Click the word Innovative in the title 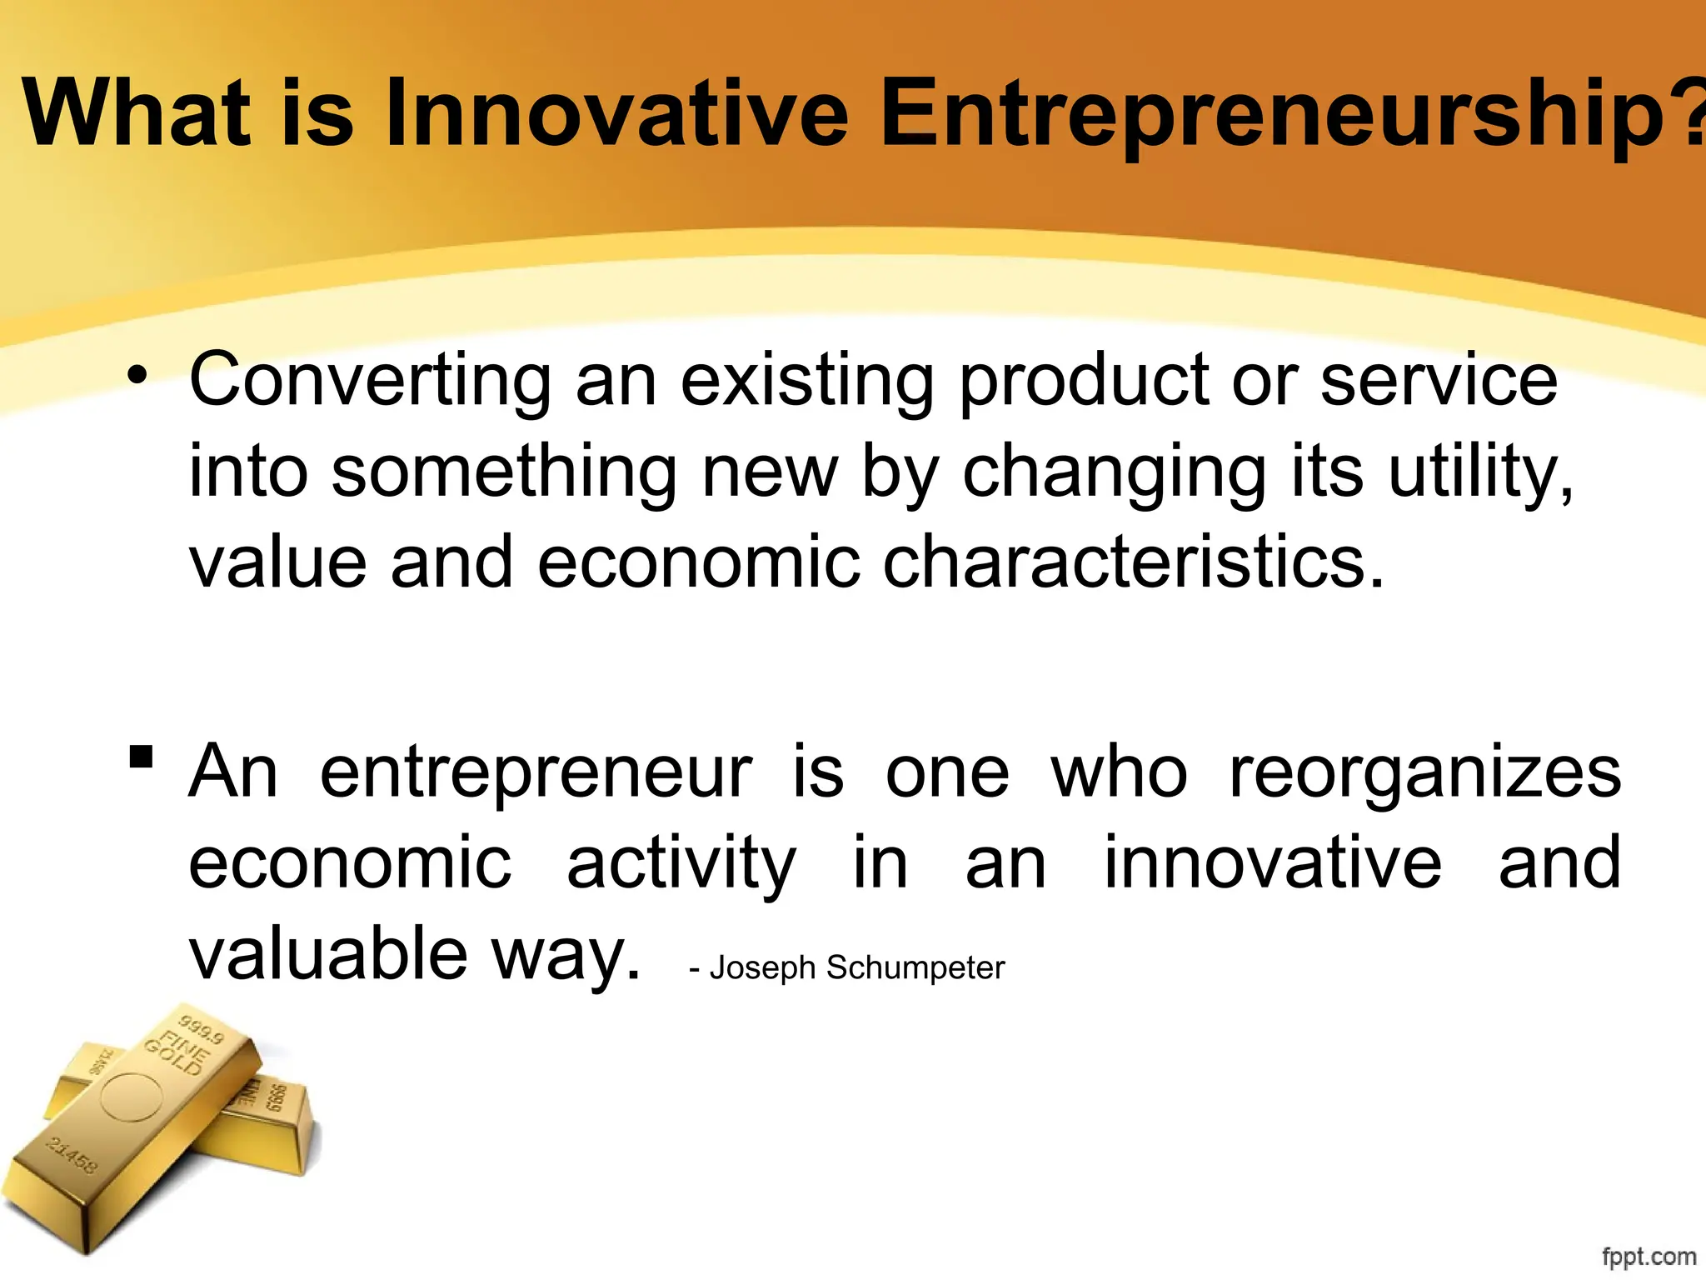click(x=616, y=112)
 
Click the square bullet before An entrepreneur click(x=141, y=756)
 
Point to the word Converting click(x=370, y=380)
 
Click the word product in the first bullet click(x=1082, y=380)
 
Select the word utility click(x=1479, y=472)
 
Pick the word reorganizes click(x=1424, y=772)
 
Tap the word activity click(x=681, y=863)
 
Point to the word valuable click(x=328, y=954)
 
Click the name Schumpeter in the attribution click(x=915, y=967)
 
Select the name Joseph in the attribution click(x=762, y=967)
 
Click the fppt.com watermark click(x=1649, y=1256)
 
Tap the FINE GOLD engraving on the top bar click(x=175, y=1054)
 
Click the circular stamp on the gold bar click(x=132, y=1097)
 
